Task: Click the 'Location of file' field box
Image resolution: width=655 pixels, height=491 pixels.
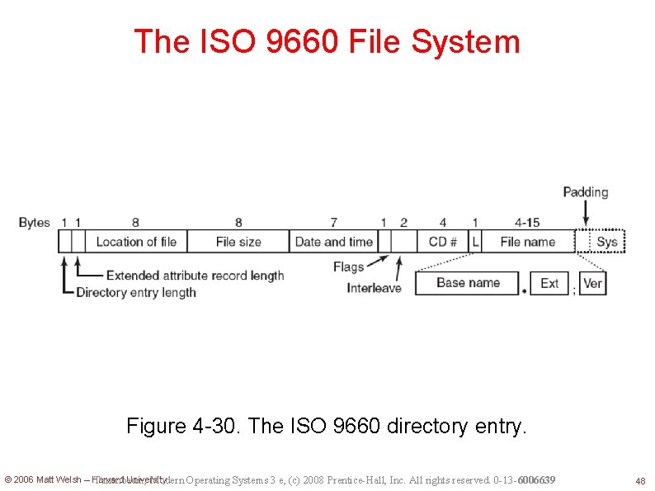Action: pyautogui.click(x=136, y=242)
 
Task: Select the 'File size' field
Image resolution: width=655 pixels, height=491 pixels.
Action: pyautogui.click(x=238, y=242)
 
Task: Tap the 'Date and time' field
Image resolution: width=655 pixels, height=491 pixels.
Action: pyautogui.click(x=333, y=242)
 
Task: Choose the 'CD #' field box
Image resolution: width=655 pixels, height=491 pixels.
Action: pyautogui.click(x=443, y=242)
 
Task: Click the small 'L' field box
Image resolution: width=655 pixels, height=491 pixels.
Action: pyautogui.click(x=475, y=242)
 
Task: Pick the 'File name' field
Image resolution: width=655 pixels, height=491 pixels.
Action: pyautogui.click(x=527, y=242)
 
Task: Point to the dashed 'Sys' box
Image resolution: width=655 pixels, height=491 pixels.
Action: pyautogui.click(x=607, y=242)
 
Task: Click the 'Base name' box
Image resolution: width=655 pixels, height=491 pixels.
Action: pyautogui.click(x=468, y=283)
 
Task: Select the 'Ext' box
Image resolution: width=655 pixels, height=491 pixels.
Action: pyautogui.click(x=549, y=283)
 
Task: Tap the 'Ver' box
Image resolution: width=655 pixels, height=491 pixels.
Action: pyautogui.click(x=592, y=283)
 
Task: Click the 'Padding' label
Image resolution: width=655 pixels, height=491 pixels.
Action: pyautogui.click(x=586, y=192)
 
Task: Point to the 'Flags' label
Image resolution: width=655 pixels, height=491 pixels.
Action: pyautogui.click(x=349, y=267)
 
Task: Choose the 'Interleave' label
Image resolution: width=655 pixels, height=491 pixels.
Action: pyautogui.click(x=374, y=288)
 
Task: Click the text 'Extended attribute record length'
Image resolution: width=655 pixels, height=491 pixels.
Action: pyautogui.click(x=195, y=276)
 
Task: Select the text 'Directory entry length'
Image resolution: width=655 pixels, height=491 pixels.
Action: pyautogui.click(x=136, y=292)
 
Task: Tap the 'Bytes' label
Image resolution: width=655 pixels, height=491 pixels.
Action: pyautogui.click(x=35, y=222)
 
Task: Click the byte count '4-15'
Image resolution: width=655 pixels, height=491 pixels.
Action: pyautogui.click(x=527, y=222)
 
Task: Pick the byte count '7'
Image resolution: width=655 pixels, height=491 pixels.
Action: pyautogui.click(x=333, y=222)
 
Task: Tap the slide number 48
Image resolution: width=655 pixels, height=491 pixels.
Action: pyautogui.click(x=639, y=480)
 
